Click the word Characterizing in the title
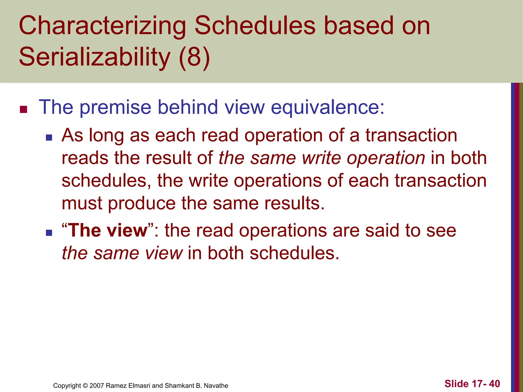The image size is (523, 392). pos(102,26)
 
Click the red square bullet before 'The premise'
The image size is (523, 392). pos(23,109)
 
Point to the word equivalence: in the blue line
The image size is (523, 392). pos(327,107)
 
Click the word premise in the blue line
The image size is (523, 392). pos(116,107)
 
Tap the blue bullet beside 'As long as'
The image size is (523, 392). pos(49,138)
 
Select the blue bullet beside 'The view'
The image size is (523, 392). pos(49,233)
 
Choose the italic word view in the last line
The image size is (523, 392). pos(163,253)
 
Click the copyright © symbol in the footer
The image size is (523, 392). pos(85,386)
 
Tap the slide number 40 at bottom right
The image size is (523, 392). pos(494,384)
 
